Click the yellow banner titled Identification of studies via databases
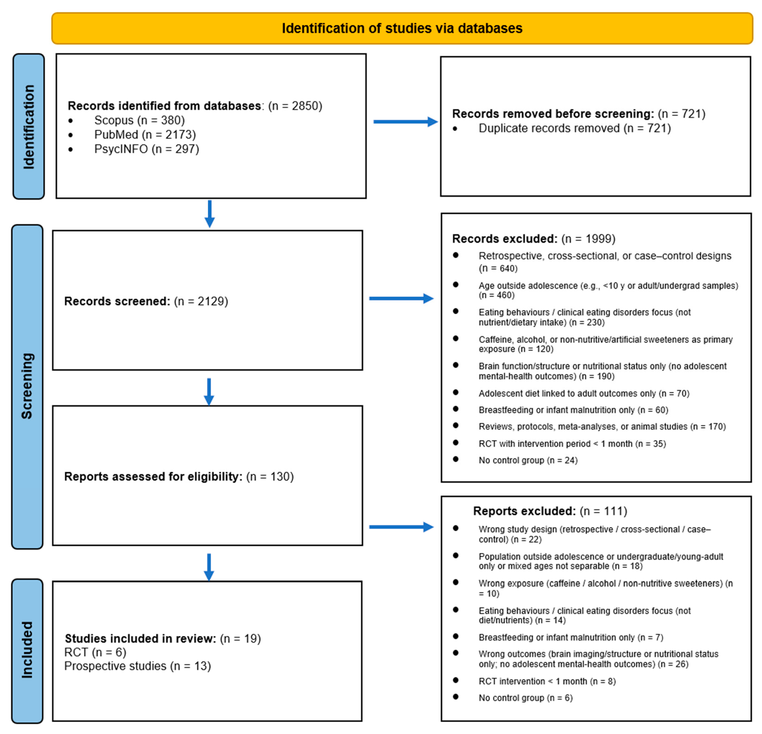[402, 28]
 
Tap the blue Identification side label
[28, 126]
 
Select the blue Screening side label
[27, 386]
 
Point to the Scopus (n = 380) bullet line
[139, 120]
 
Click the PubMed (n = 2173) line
[145, 135]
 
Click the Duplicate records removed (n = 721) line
[574, 128]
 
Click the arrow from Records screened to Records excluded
[401, 298]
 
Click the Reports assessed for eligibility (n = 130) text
[179, 476]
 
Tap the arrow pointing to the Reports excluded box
[401, 527]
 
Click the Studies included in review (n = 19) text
[163, 638]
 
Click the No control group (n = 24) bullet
[528, 460]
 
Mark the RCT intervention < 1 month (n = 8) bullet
[547, 681]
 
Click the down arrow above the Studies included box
[209, 567]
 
